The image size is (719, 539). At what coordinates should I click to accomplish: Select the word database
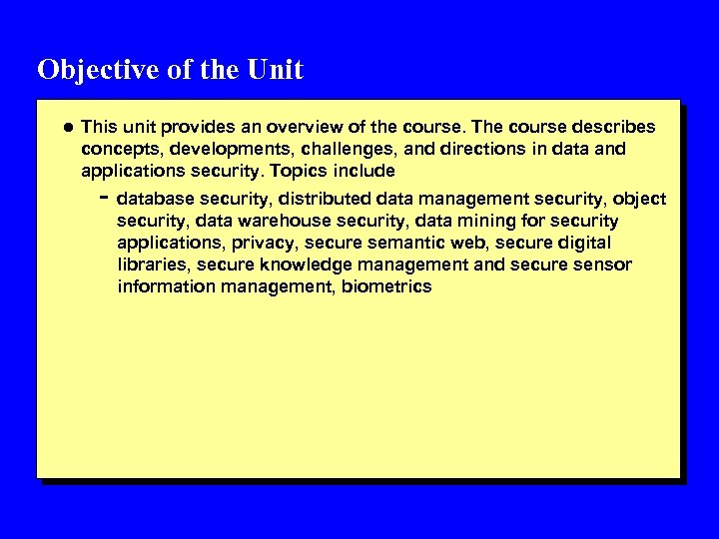coord(154,200)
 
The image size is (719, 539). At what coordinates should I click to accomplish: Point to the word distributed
coord(319,200)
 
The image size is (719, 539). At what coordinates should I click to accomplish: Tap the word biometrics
coord(386,286)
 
